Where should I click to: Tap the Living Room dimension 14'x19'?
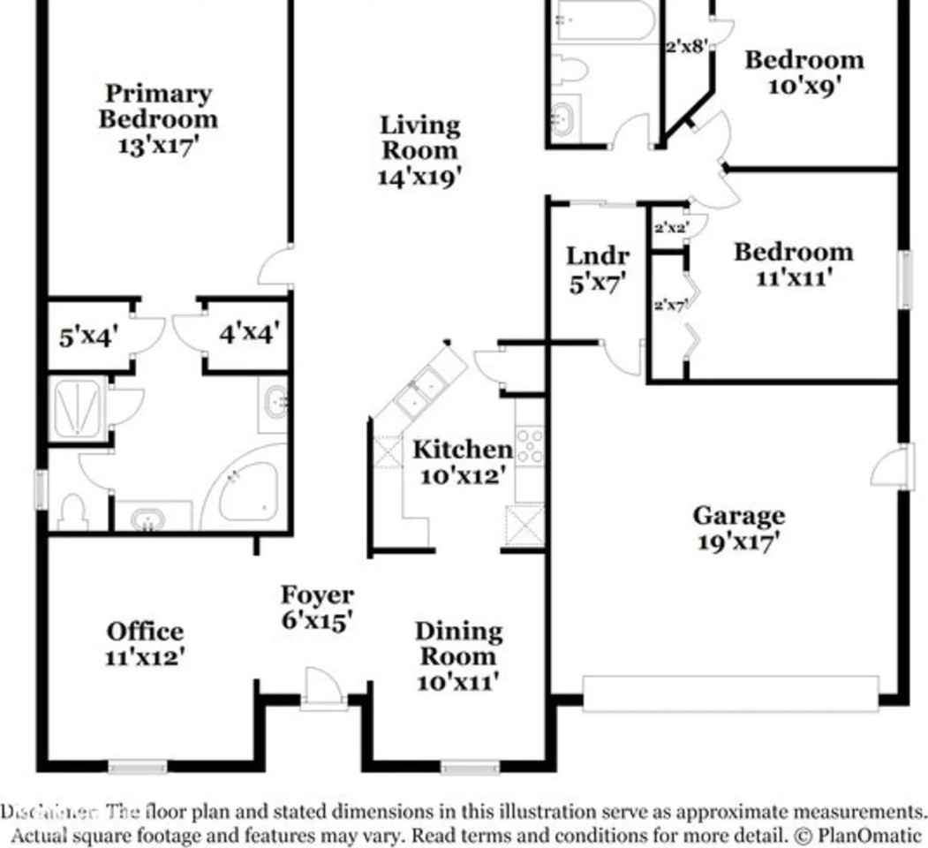(x=419, y=177)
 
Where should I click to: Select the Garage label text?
(x=738, y=515)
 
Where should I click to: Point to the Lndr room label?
(x=598, y=256)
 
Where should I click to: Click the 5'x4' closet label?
(x=88, y=337)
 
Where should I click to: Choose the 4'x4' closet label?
(x=249, y=334)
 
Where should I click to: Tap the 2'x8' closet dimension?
(x=687, y=46)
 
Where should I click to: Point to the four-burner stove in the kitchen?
(x=530, y=446)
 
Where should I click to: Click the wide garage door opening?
(x=730, y=694)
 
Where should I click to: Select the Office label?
(x=146, y=632)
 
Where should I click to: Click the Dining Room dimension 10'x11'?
(x=458, y=681)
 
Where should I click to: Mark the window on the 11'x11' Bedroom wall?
(x=905, y=280)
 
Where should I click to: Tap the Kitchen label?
(x=462, y=450)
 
